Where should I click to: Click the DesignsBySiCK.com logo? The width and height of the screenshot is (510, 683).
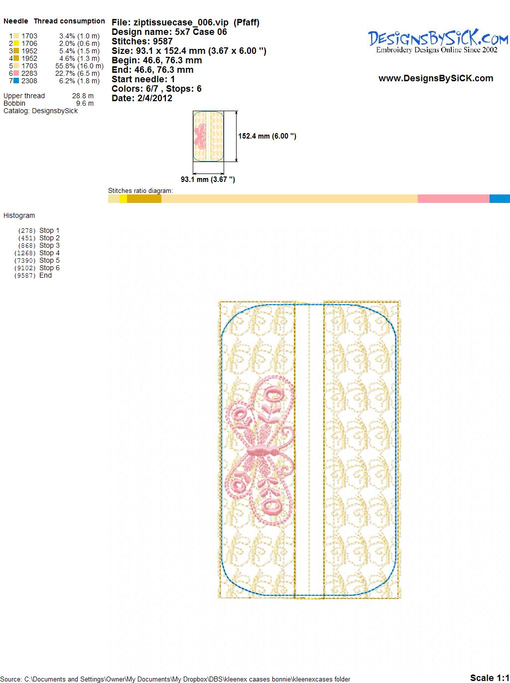click(x=438, y=42)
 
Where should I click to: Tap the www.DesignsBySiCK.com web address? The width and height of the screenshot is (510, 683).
click(x=436, y=78)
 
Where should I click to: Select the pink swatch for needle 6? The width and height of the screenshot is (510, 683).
click(x=16, y=73)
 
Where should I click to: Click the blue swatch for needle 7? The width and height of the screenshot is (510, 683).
click(x=16, y=81)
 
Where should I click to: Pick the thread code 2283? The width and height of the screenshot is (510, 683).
click(x=29, y=73)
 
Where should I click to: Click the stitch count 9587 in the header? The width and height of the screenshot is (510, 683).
click(x=162, y=41)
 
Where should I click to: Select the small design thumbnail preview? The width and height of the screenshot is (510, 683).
click(x=208, y=136)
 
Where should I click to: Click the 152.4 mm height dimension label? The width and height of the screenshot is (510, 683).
click(x=267, y=136)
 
